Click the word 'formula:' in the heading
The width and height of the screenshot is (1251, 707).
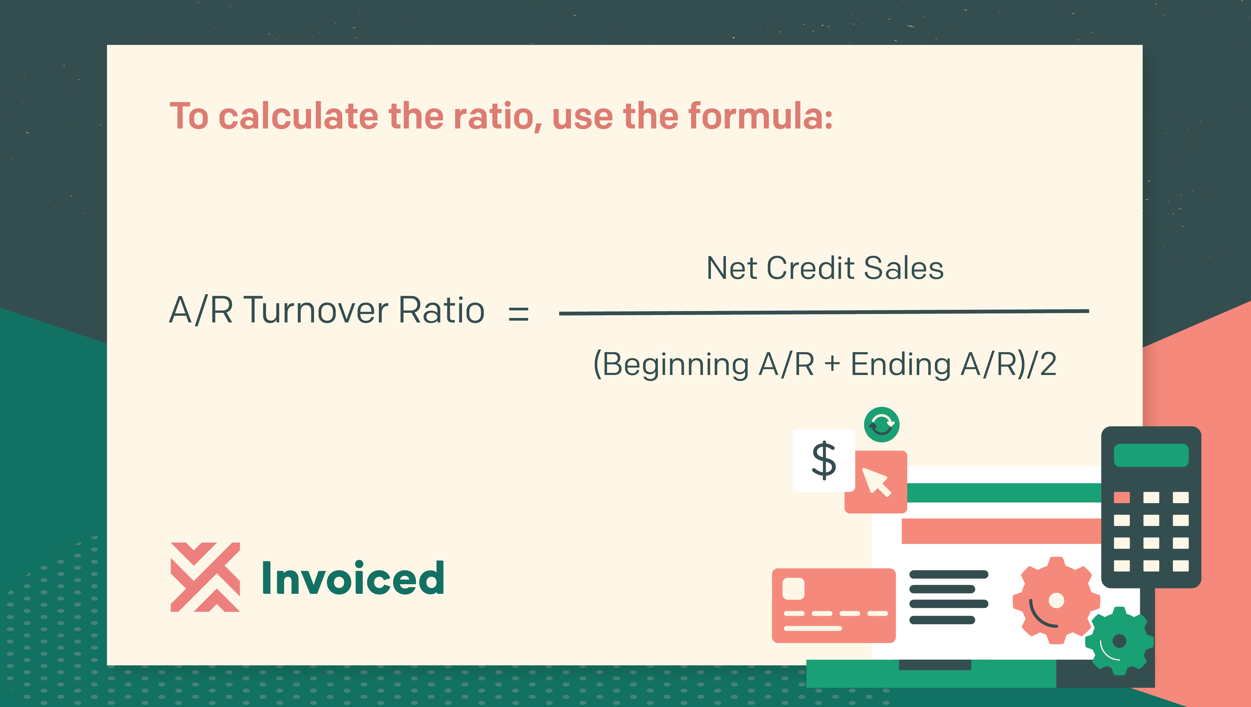pyautogui.click(x=760, y=116)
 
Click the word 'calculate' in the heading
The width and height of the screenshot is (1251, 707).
pyautogui.click(x=298, y=116)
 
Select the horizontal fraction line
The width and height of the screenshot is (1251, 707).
pyautogui.click(x=824, y=312)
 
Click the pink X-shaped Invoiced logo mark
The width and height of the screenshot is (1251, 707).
pyautogui.click(x=205, y=577)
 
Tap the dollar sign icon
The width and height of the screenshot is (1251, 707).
pyautogui.click(x=824, y=460)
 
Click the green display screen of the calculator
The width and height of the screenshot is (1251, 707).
pyautogui.click(x=1151, y=455)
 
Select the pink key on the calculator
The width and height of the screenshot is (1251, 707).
pyautogui.click(x=1122, y=497)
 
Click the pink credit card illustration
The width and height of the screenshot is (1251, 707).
pyautogui.click(x=834, y=606)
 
